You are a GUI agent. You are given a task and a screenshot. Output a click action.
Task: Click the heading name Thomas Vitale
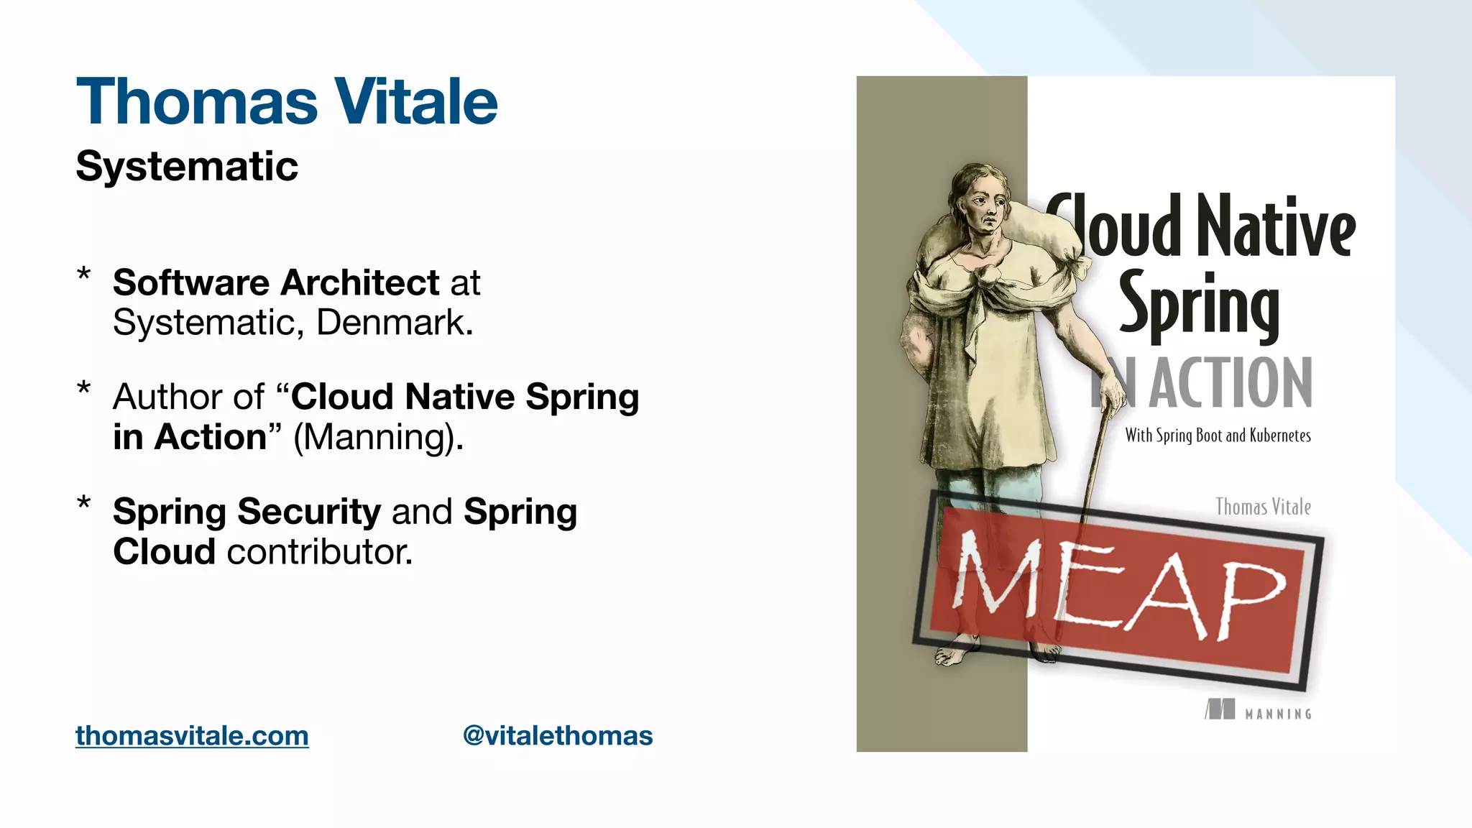point(287,101)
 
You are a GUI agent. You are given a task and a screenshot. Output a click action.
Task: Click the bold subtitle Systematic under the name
point(187,167)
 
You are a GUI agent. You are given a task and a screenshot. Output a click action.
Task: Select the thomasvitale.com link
point(192,736)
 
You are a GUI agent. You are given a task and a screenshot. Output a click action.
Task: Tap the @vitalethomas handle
point(558,736)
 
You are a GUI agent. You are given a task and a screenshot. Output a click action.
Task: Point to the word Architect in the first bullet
point(360,282)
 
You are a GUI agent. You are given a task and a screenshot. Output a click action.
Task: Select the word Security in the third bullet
point(309,512)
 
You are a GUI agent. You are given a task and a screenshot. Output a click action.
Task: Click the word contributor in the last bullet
point(320,552)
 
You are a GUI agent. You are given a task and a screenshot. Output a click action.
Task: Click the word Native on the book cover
point(1276,226)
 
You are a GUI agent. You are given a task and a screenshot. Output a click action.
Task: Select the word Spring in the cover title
point(1199,305)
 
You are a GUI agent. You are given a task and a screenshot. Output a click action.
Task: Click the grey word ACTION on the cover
point(1230,382)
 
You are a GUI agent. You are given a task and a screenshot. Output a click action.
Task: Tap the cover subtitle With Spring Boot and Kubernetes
point(1218,436)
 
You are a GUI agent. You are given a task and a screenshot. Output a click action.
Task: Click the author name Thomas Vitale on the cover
point(1263,507)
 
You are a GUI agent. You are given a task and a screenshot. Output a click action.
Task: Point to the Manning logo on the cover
point(1259,711)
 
